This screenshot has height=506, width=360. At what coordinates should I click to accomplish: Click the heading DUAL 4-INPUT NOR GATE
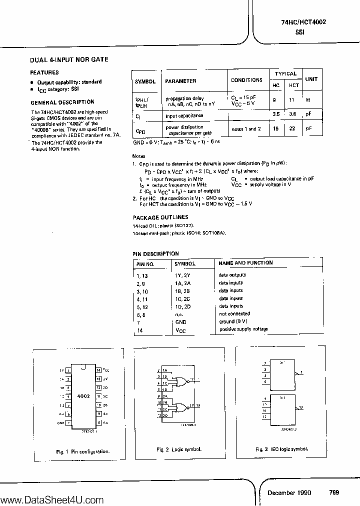pyautogui.click(x=69, y=59)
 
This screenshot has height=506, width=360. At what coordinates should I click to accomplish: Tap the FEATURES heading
pyautogui.click(x=45, y=72)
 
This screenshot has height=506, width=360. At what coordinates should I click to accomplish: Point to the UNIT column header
pyautogui.click(x=311, y=79)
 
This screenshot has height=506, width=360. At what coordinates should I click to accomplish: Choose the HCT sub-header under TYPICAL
pyautogui.click(x=294, y=85)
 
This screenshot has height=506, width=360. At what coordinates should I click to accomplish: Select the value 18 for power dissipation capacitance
pyautogui.click(x=275, y=129)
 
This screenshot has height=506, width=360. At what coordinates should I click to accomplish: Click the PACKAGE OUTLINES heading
pyautogui.click(x=160, y=217)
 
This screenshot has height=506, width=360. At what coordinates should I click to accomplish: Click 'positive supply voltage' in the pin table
pyautogui.click(x=243, y=329)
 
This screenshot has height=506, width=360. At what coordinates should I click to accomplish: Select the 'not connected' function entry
pyautogui.click(x=231, y=314)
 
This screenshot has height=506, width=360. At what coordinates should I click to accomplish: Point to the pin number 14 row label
pyautogui.click(x=139, y=330)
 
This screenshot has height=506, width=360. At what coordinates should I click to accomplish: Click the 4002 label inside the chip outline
pyautogui.click(x=83, y=395)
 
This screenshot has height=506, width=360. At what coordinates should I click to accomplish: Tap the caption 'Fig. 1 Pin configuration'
pyautogui.click(x=82, y=451)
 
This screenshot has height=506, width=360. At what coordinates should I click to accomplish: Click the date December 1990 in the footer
pyautogui.click(x=289, y=492)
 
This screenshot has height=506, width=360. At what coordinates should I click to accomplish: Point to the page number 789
pyautogui.click(x=334, y=492)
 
